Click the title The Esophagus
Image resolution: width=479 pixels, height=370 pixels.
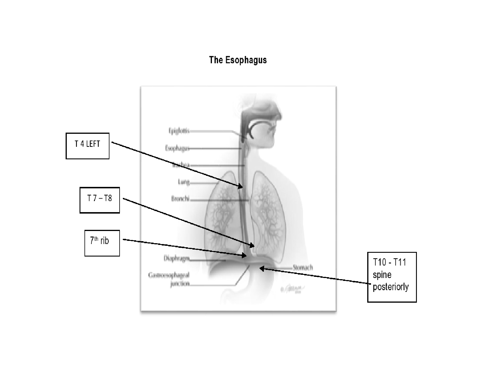pos(238,60)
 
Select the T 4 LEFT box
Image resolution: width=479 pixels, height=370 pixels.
pos(87,146)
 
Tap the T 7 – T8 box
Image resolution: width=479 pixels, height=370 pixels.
pos(100,200)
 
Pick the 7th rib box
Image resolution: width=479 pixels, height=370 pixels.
pos(102,243)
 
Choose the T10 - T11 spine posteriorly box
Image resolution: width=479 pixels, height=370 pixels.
pos(392,277)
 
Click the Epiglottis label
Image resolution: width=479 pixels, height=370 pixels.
pos(179,131)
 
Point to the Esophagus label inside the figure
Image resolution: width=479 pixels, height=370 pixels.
pos(177,148)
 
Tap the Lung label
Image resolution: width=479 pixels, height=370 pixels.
pos(183,182)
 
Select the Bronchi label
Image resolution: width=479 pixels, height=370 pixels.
pos(180,199)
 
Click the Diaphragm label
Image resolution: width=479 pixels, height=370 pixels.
pos(177,258)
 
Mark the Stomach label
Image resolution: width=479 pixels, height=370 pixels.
pos(302,267)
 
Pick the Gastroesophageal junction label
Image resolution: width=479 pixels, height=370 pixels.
pos(169,279)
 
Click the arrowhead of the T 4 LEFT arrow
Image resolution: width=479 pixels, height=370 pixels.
pos(241,186)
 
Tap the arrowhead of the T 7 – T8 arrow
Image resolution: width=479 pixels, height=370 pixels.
pos(252,245)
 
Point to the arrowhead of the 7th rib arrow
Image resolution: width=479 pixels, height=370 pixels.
pos(245,255)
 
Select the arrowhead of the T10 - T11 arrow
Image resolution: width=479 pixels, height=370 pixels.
pos(262,269)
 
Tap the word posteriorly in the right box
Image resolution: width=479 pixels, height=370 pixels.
pos(390,287)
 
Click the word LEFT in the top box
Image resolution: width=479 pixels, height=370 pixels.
pos(93,144)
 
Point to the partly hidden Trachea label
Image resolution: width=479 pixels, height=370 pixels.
pos(181,165)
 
